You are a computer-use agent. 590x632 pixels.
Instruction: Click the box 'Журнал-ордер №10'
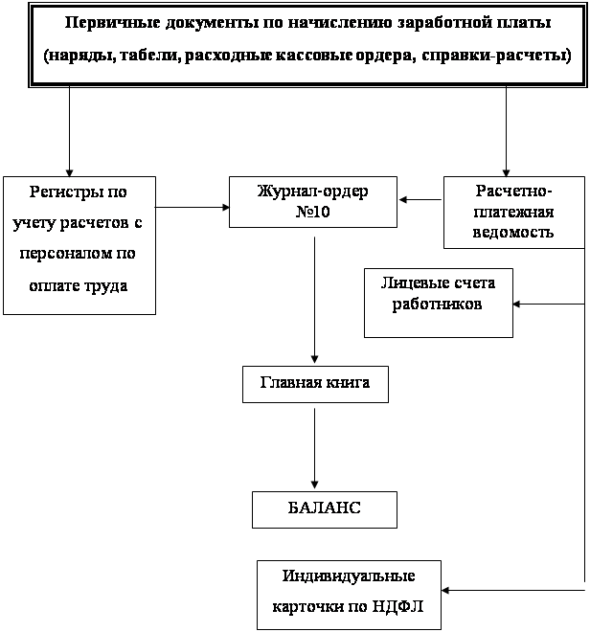pos(313,201)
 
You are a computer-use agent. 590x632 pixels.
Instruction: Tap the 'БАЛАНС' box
pos(324,508)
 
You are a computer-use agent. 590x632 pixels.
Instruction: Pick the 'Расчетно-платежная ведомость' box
pos(513,211)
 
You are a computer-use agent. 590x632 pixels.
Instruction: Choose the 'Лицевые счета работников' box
pos(438,303)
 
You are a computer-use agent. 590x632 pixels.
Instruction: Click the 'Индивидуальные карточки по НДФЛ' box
pos(349,594)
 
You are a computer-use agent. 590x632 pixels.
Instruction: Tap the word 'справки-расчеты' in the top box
pos(502,56)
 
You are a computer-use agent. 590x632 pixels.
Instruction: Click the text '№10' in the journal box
pos(313,212)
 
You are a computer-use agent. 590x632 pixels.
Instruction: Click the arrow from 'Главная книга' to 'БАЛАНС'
pos(314,445)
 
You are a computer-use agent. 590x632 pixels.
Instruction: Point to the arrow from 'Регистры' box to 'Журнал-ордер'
pos(192,206)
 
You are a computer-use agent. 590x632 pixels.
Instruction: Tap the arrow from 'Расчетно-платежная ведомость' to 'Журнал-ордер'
pos(420,200)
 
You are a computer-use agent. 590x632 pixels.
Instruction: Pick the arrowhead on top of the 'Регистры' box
pos(70,169)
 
